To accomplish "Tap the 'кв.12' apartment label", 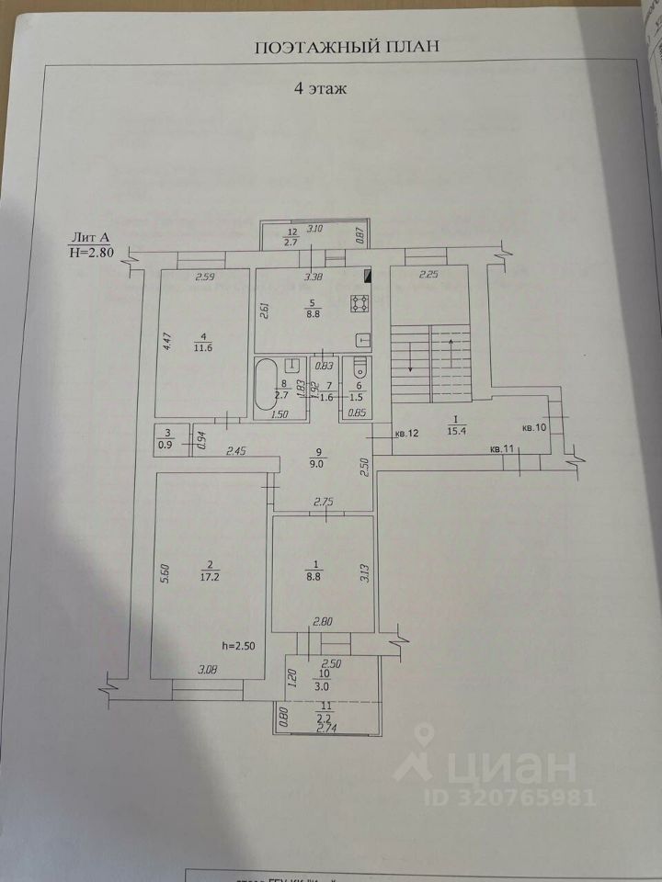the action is [406, 433].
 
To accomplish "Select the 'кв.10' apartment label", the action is [533, 428].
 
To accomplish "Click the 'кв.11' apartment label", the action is [501, 448].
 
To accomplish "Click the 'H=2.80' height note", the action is [90, 255].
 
